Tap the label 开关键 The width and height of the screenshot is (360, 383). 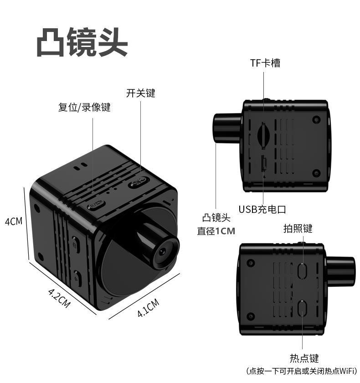point(140,93)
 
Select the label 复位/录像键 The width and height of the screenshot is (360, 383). point(84,108)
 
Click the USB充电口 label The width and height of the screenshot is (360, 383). point(262,210)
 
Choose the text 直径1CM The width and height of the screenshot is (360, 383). point(216,231)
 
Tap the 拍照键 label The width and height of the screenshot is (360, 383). point(298,229)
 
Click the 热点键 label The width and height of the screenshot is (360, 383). point(304,358)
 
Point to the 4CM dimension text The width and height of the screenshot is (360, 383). point(13,222)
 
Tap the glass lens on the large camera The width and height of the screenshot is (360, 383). point(163,251)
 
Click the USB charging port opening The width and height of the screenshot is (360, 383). point(263,164)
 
